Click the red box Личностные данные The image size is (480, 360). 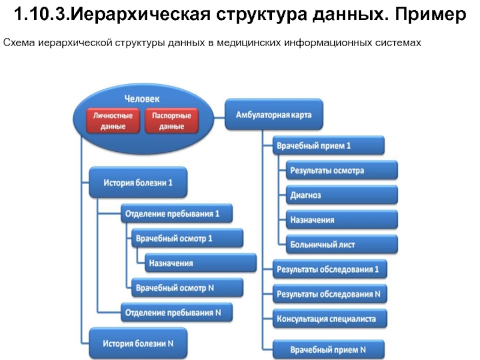pyautogui.click(x=113, y=121)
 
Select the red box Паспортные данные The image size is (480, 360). pyautogui.click(x=172, y=121)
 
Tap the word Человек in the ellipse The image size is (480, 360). pyautogui.click(x=142, y=99)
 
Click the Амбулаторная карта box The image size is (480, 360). pyautogui.click(x=274, y=115)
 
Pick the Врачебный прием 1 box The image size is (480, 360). pyautogui.click(x=328, y=145)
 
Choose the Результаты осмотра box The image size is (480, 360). pyautogui.click(x=342, y=170)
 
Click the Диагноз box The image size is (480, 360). pyautogui.click(x=342, y=195)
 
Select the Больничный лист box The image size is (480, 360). pyautogui.click(x=342, y=244)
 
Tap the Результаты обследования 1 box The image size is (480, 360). pyautogui.click(x=329, y=269)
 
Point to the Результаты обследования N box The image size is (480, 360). pyautogui.click(x=329, y=294)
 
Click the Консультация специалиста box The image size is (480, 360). pyautogui.click(x=329, y=319)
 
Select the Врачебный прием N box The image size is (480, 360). pyautogui.click(x=328, y=349)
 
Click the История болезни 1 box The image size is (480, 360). pyautogui.click(x=138, y=182)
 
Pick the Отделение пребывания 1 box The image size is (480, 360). pyautogui.click(x=176, y=214)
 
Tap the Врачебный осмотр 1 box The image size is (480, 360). pyautogui.click(x=187, y=238)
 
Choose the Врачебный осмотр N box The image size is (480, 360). pyautogui.click(x=187, y=288)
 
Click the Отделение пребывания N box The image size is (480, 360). pyautogui.click(x=176, y=312)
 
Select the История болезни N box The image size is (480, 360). pyautogui.click(x=138, y=343)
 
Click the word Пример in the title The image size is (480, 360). pyautogui.click(x=430, y=14)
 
